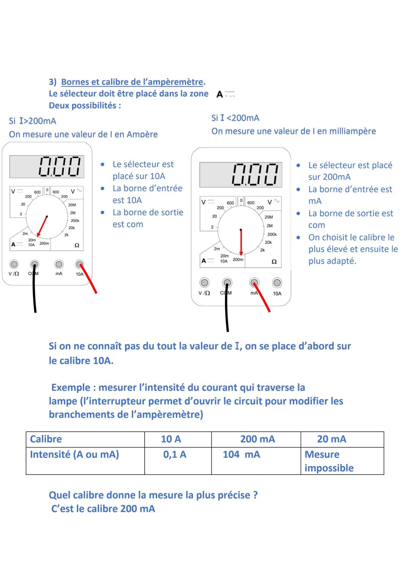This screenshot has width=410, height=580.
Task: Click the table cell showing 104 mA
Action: pos(241,455)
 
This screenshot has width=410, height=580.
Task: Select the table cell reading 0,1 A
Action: pos(175,455)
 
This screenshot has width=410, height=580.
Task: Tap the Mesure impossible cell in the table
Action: pos(329,461)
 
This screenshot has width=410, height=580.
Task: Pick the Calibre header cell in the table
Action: pos(46,439)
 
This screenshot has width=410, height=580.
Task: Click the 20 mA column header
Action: pos(331,439)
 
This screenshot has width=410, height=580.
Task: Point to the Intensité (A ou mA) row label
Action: pos(74,455)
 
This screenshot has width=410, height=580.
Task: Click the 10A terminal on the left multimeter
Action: pos(79,264)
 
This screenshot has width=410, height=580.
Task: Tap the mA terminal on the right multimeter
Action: pos(254,282)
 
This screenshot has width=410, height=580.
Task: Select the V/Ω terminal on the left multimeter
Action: pos(14,264)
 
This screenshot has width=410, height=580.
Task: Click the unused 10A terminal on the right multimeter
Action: pos(277,282)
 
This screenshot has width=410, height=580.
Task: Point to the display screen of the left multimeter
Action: pos(46,166)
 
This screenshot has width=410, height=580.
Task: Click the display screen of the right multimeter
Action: pos(241,175)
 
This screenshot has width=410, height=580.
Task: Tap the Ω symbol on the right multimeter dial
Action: pos(274,262)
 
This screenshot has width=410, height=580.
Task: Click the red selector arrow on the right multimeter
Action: pos(241,243)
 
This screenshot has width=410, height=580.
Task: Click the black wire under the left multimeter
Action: pos(35,292)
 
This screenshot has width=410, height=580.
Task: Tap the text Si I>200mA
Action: pos(33,121)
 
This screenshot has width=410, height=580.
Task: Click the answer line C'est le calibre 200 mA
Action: pos(103,509)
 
